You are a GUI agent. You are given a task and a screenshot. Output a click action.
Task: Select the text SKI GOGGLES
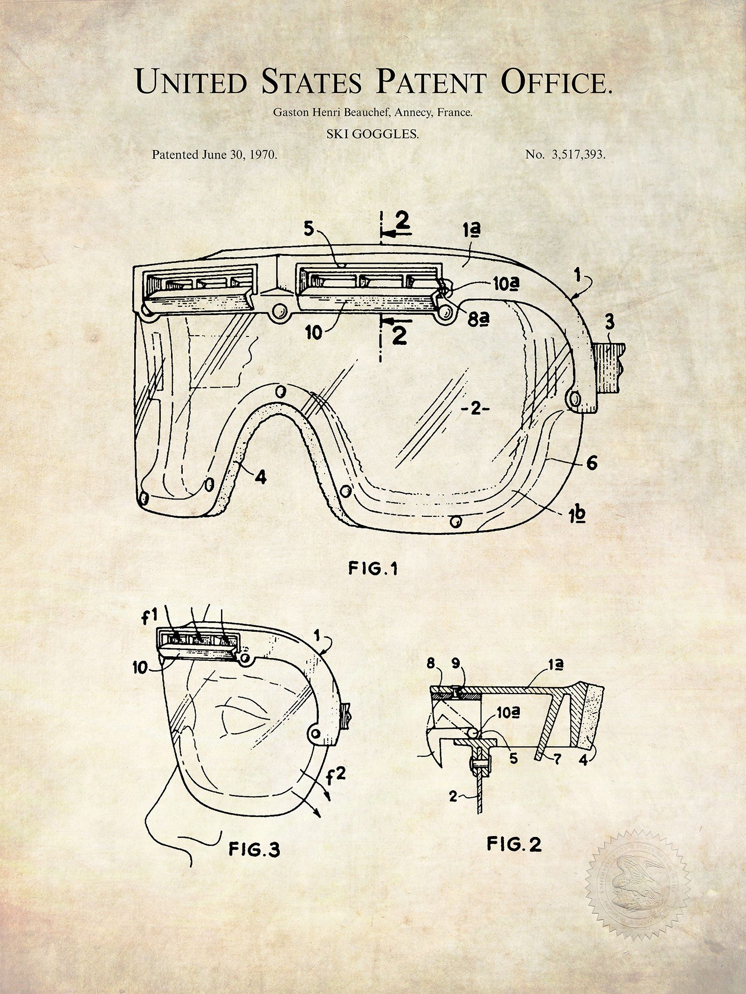(373, 135)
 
